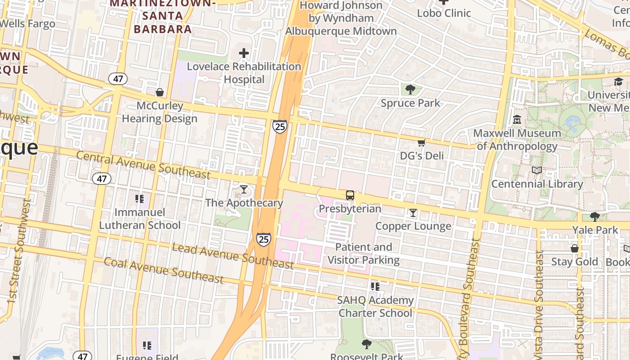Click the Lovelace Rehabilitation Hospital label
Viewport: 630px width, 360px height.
point(244,73)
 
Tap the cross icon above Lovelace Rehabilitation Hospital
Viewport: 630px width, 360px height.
point(244,54)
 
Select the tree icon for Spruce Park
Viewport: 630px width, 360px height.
point(410,90)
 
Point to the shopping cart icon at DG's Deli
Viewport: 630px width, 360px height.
point(422,143)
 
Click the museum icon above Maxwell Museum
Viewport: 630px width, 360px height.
point(517,120)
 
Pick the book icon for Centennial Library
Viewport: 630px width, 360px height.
point(537,171)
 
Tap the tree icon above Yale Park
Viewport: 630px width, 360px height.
point(595,217)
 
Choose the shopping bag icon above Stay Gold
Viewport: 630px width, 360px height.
point(575,248)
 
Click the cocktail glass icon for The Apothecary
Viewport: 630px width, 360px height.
point(244,189)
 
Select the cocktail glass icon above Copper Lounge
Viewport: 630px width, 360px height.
point(413,213)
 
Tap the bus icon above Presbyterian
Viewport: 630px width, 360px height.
point(350,195)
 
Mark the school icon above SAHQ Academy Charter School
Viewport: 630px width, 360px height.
point(375,287)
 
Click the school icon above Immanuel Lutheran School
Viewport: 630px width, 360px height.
point(139,198)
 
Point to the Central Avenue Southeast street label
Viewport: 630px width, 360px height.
point(143,165)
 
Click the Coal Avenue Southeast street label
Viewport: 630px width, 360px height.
point(164,270)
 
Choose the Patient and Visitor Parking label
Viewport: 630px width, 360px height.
point(364,253)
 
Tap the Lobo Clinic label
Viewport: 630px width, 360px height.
point(444,13)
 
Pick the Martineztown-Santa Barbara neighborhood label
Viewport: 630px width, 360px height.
point(163,16)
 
